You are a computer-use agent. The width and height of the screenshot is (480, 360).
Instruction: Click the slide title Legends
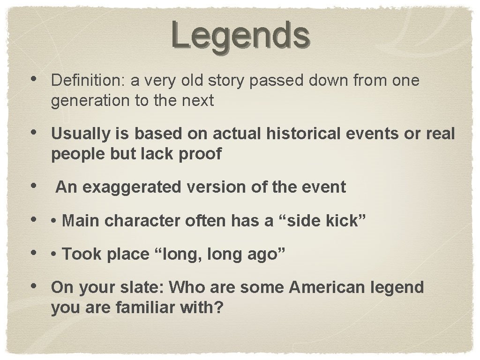(x=240, y=35)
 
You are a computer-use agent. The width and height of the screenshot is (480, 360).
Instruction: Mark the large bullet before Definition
(x=36, y=80)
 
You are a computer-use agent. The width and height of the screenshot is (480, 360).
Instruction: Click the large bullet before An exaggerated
(x=36, y=187)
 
